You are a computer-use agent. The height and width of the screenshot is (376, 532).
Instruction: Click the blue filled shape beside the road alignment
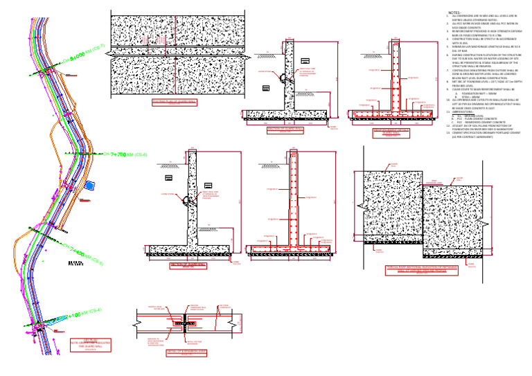[x=89, y=185]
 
